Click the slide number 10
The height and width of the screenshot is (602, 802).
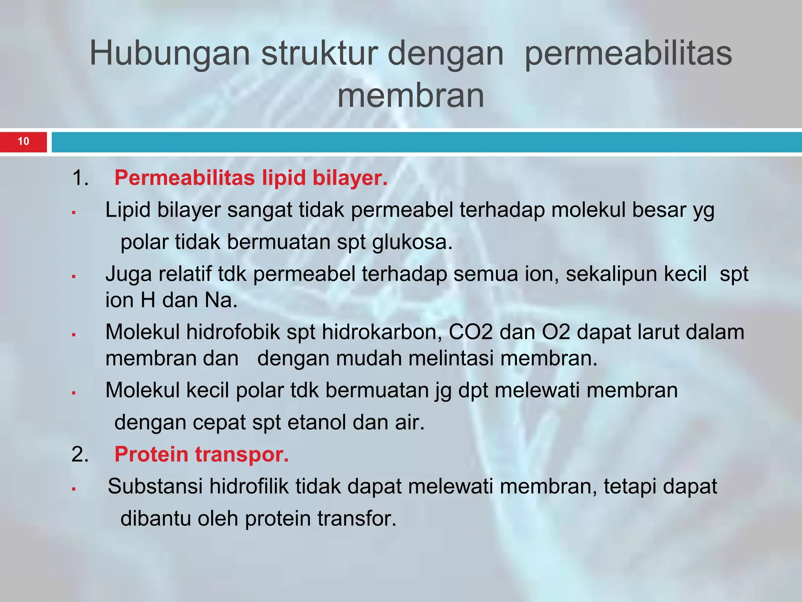(x=23, y=141)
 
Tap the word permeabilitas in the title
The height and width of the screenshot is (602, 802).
(x=628, y=54)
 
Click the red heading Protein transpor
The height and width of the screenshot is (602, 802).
(x=201, y=454)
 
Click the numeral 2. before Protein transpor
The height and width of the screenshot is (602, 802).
(x=80, y=455)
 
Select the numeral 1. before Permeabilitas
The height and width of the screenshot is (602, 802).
(x=80, y=178)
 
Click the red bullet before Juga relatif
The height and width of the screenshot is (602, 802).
(x=74, y=277)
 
